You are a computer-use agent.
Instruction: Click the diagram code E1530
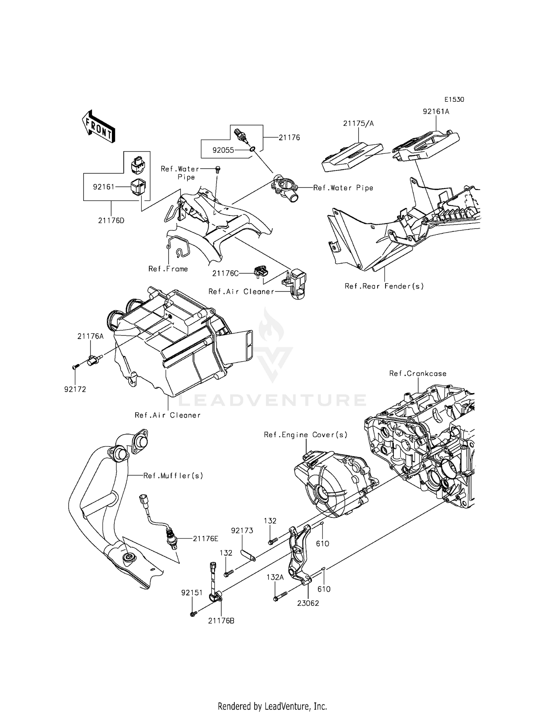[x=454, y=100]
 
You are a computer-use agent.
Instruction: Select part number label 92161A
[x=436, y=112]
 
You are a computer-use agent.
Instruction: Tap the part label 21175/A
[x=358, y=124]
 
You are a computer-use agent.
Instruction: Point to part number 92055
[x=223, y=150]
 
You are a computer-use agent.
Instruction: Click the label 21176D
[x=111, y=220]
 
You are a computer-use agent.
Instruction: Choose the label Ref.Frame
[x=168, y=269]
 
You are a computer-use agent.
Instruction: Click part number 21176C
[x=225, y=273]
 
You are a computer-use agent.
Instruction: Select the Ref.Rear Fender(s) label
[x=384, y=286]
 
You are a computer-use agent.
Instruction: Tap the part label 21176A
[x=90, y=337]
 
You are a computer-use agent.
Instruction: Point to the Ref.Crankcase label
[x=417, y=373]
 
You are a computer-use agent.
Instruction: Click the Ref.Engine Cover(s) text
[x=306, y=435]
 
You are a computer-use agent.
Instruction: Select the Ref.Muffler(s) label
[x=173, y=475]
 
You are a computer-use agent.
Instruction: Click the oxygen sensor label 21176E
[x=205, y=539]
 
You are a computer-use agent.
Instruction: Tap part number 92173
[x=242, y=531]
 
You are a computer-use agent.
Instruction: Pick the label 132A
[x=275, y=577]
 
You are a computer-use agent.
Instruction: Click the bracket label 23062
[x=308, y=603]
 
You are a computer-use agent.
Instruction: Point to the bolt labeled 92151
[x=193, y=614]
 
